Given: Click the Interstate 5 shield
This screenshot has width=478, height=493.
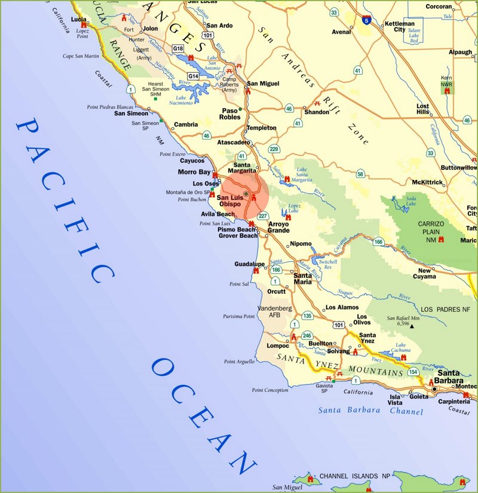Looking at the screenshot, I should (x=366, y=21).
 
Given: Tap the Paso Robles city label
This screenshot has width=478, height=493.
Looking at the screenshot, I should (x=230, y=114).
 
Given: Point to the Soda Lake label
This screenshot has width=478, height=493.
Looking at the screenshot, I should (x=410, y=201).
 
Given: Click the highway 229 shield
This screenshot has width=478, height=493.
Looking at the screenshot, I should (x=274, y=149).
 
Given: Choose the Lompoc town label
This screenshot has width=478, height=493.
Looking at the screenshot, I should (x=277, y=345).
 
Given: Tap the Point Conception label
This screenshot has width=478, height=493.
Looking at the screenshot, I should (x=269, y=390).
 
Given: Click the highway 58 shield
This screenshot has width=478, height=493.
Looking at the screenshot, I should (x=360, y=174).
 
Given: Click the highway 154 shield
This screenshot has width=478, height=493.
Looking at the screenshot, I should (x=413, y=372).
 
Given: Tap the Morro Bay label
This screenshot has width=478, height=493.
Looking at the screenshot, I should (x=195, y=172).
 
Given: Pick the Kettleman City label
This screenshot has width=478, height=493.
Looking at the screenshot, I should (x=399, y=26).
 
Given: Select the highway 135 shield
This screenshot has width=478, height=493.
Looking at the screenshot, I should (x=307, y=316).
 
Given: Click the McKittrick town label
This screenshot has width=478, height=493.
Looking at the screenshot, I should (x=428, y=182).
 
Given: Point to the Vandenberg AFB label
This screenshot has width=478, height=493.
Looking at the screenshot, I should (x=274, y=311).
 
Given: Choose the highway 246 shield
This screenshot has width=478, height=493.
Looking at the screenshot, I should (x=307, y=335).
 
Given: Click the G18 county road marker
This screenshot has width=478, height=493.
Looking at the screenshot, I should (x=177, y=48).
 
